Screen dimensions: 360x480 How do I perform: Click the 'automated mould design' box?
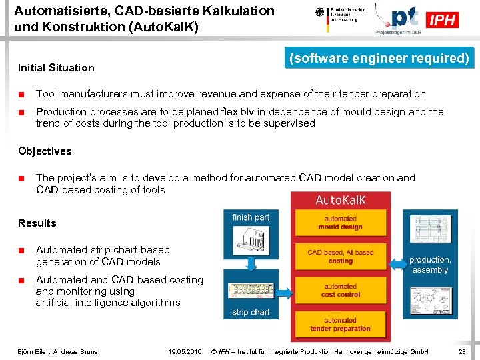341,223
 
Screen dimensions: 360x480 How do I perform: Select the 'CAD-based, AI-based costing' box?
341,257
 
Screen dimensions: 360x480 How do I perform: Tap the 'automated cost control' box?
341,291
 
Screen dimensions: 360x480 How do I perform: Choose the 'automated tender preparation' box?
341,324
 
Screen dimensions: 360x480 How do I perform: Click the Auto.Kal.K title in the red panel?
341,199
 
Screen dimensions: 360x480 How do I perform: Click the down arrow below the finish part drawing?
251,265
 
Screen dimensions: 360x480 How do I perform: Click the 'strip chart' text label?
251,312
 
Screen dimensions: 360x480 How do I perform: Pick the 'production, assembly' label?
430,265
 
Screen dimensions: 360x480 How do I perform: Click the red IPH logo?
443,20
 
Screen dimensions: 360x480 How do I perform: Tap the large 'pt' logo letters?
404,17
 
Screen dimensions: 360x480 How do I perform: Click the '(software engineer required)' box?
379,58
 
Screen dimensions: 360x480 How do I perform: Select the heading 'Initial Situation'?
56,67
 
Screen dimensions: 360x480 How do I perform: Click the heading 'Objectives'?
45,151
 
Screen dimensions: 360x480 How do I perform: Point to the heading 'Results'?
37,223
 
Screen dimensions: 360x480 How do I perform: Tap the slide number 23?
462,351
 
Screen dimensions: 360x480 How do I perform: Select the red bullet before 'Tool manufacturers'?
22,94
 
